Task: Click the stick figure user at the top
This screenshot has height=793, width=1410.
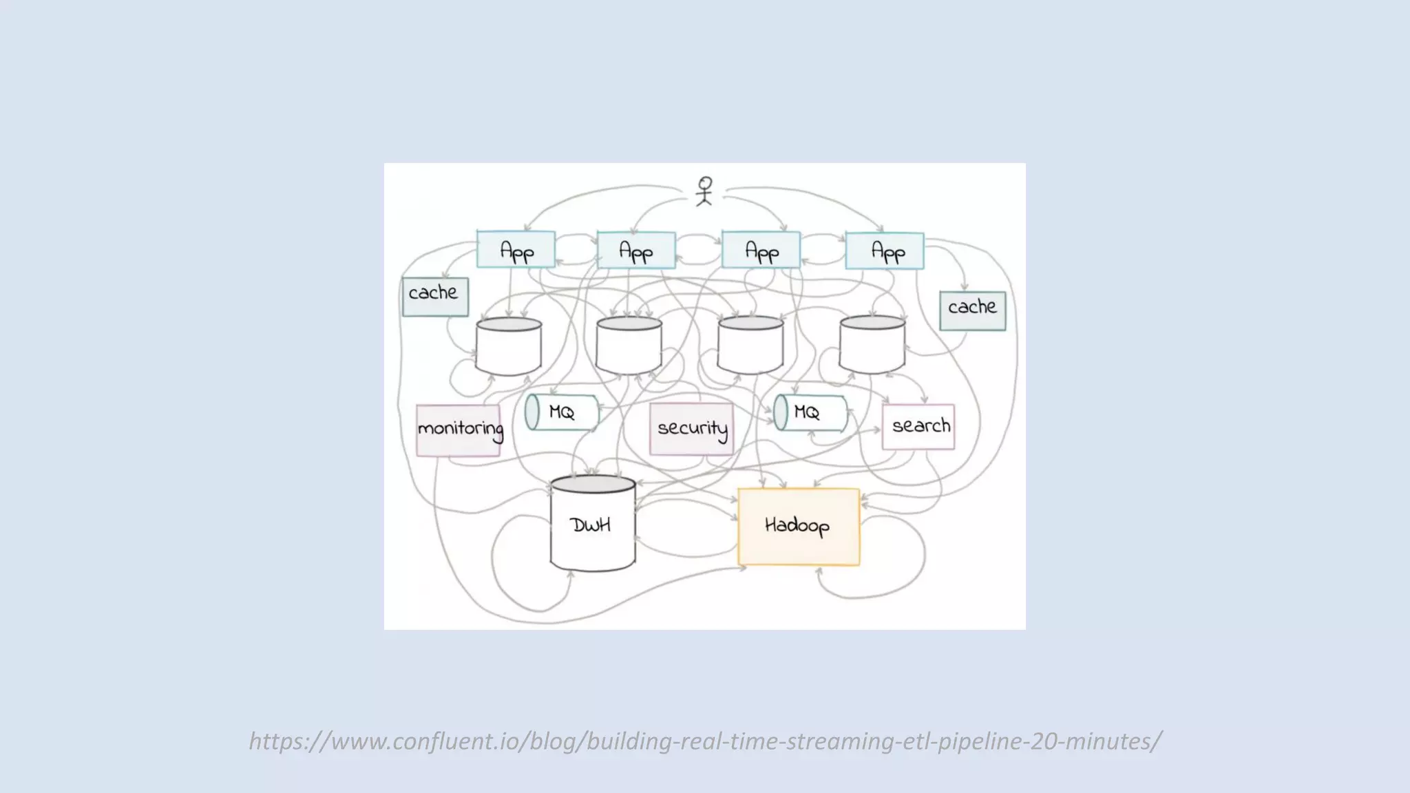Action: [704, 191]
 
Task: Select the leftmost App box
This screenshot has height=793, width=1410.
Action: [516, 250]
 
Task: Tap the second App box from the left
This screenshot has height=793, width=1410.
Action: [635, 251]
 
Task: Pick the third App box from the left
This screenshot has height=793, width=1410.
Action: [761, 251]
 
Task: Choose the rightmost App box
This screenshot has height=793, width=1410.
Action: [885, 251]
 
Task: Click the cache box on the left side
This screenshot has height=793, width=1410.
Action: [435, 296]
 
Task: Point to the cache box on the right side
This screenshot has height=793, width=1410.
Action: [972, 310]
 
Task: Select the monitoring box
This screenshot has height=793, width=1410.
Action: [459, 430]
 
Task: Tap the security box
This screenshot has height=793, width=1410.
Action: [691, 429]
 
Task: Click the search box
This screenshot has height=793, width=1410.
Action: [918, 427]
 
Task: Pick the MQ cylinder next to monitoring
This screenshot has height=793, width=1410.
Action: [561, 412]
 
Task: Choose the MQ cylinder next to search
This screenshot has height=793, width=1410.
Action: [810, 412]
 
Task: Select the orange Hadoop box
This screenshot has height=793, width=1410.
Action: [799, 527]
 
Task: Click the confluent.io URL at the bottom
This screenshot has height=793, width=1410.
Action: [705, 741]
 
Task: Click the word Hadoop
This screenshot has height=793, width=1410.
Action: [797, 526]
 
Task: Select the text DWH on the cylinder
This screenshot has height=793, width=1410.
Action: [591, 525]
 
